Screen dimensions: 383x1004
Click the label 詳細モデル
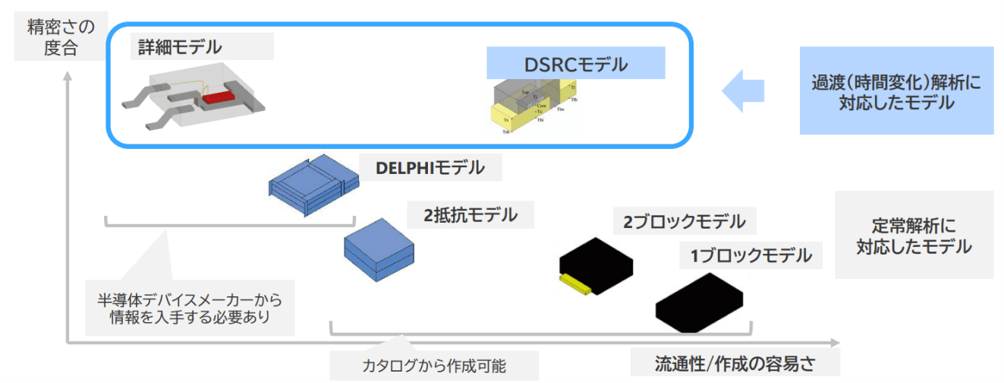point(180,47)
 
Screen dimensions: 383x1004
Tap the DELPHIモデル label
point(430,168)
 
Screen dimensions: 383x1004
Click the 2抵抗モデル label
point(471,215)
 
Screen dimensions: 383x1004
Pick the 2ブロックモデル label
point(684,222)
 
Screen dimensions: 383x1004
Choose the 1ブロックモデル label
point(750,256)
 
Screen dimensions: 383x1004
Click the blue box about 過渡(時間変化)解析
point(895,91)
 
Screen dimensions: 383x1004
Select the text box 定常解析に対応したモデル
point(914,236)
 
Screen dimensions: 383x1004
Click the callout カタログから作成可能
point(434,366)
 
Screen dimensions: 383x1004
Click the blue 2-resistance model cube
point(379,249)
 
